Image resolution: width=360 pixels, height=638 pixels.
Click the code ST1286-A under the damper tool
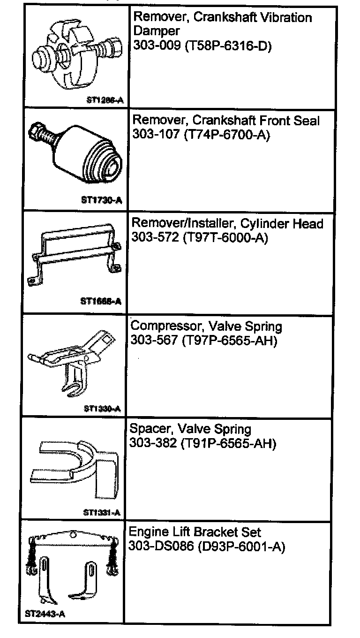[102, 99]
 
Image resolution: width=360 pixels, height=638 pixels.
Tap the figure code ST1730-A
[102, 201]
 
